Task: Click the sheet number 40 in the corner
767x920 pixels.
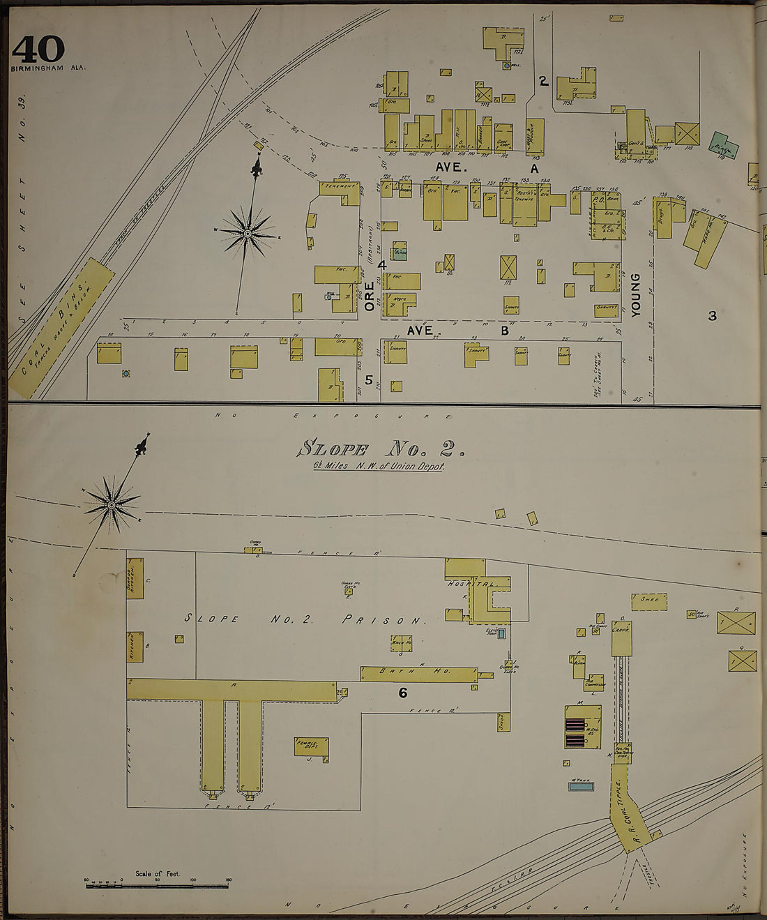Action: click(38, 49)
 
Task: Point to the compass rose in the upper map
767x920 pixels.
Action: click(248, 232)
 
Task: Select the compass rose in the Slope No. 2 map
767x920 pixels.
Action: click(111, 504)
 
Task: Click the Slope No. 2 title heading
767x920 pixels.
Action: click(381, 449)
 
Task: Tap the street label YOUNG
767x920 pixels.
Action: click(635, 295)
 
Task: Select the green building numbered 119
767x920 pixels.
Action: click(723, 145)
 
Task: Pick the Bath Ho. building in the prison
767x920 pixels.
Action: click(418, 673)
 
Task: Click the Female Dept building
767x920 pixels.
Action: click(311, 746)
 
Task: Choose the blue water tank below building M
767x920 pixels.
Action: click(581, 786)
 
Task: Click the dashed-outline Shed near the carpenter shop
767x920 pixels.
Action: click(649, 601)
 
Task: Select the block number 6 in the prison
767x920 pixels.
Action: click(402, 693)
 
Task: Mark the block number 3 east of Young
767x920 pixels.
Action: click(712, 316)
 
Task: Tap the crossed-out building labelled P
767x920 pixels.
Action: click(736, 622)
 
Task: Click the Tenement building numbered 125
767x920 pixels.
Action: click(340, 188)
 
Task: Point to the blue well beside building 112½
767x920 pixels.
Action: click(507, 66)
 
